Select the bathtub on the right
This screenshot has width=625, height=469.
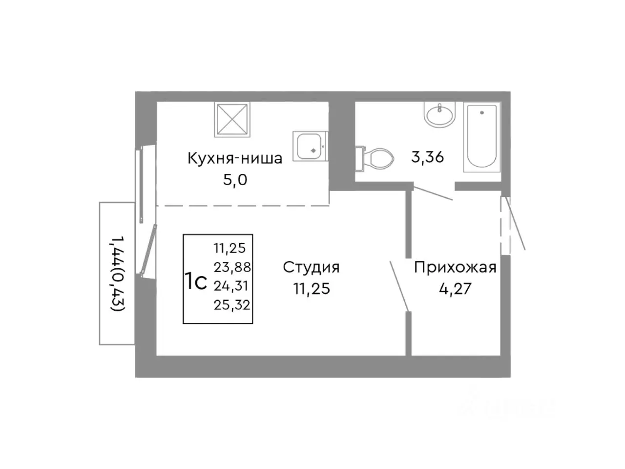click(481, 138)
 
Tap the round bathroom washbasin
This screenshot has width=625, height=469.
click(439, 116)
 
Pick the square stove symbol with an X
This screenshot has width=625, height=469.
click(232, 119)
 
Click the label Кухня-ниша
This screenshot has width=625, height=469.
click(234, 158)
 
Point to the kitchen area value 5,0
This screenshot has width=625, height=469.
click(235, 180)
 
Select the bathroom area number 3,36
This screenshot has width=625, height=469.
click(427, 157)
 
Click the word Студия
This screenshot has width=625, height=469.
click(311, 267)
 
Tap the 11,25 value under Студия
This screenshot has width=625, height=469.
click(312, 289)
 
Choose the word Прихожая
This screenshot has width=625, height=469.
click(455, 267)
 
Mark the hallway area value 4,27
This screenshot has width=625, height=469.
click(455, 289)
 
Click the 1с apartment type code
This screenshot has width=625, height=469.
click(196, 282)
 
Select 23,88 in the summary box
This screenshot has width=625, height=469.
click(231, 267)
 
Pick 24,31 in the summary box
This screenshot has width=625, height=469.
click(231, 286)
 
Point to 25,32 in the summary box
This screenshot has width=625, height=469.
click(231, 305)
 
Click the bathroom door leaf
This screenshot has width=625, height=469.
click(434, 193)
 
